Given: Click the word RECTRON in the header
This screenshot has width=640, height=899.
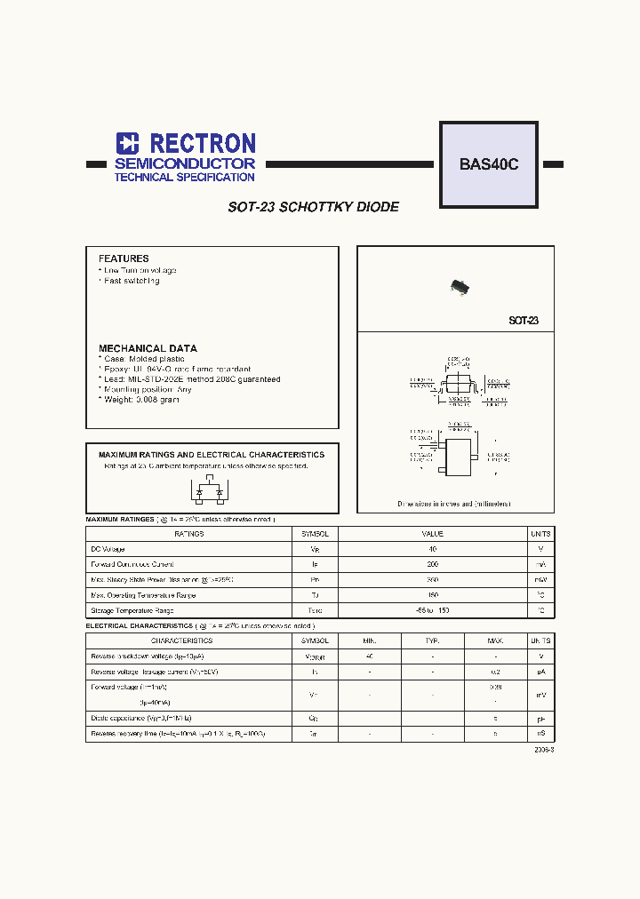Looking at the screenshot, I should click(203, 143).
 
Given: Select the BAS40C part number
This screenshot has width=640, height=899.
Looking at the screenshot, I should click(488, 164).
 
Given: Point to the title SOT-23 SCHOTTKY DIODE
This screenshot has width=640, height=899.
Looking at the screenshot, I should click(313, 207).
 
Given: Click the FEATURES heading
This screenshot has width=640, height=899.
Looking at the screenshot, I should click(124, 259).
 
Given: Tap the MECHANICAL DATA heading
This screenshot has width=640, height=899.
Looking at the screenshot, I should click(148, 348).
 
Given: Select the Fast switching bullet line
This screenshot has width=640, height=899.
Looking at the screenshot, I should click(131, 281).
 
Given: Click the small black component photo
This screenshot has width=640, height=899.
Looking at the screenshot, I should click(459, 286).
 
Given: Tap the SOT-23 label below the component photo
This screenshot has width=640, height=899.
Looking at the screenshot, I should click(523, 321).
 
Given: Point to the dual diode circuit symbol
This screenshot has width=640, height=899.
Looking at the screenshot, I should click(210, 489).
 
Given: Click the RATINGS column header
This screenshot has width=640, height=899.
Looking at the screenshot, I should click(188, 534).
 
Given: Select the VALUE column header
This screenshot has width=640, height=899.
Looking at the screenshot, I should click(432, 534).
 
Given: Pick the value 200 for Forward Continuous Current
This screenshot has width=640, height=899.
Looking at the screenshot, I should click(432, 564).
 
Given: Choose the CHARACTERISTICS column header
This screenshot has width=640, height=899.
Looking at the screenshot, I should click(181, 640).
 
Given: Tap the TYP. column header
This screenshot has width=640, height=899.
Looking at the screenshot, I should click(432, 640).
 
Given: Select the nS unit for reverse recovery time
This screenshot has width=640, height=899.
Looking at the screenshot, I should click(540, 734).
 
